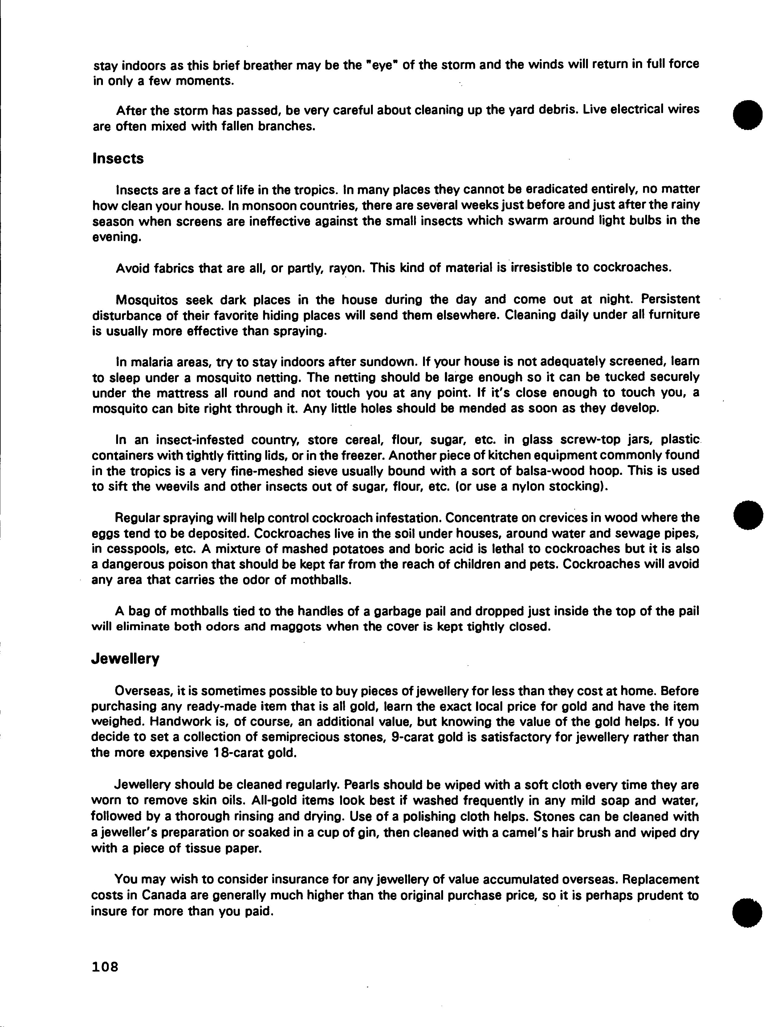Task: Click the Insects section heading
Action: coord(118,159)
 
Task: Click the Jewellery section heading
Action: coord(125,659)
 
